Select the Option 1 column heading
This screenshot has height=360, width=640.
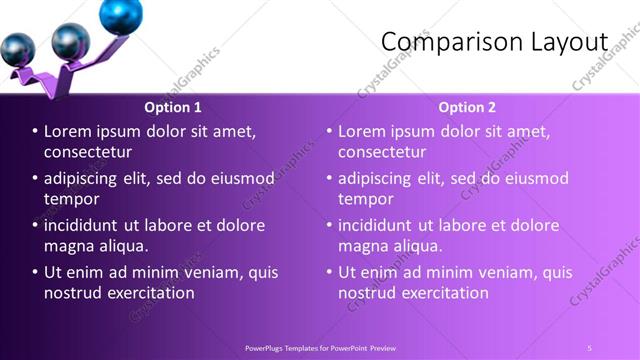click(173, 107)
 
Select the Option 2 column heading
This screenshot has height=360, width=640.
click(467, 107)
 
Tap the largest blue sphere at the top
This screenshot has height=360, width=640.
click(121, 13)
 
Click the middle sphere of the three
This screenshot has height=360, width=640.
click(70, 42)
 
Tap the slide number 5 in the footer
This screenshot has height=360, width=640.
click(590, 347)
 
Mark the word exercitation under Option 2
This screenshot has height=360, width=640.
click(441, 293)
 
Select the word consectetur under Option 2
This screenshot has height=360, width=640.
click(382, 152)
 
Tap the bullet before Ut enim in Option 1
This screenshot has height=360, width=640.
click(34, 272)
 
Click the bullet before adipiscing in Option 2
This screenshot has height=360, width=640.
click(328, 178)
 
